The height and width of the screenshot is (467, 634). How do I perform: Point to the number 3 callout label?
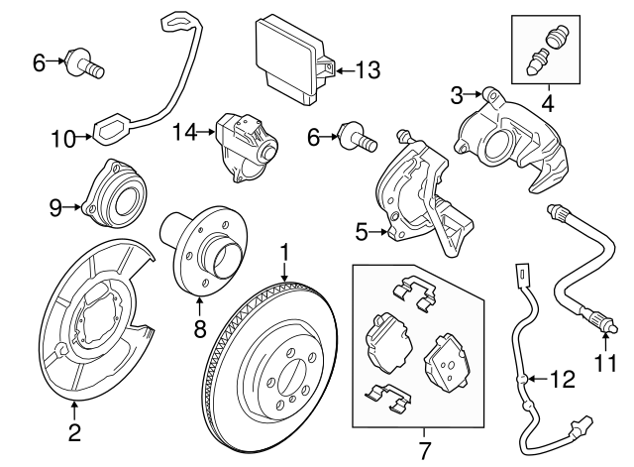coord(458,95)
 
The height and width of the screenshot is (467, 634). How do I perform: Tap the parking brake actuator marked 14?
coord(244,145)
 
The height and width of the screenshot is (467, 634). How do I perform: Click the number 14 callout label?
coord(184,130)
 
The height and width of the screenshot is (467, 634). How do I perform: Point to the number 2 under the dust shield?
coord(74,431)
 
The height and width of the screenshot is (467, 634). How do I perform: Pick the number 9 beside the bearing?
coord(56,206)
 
